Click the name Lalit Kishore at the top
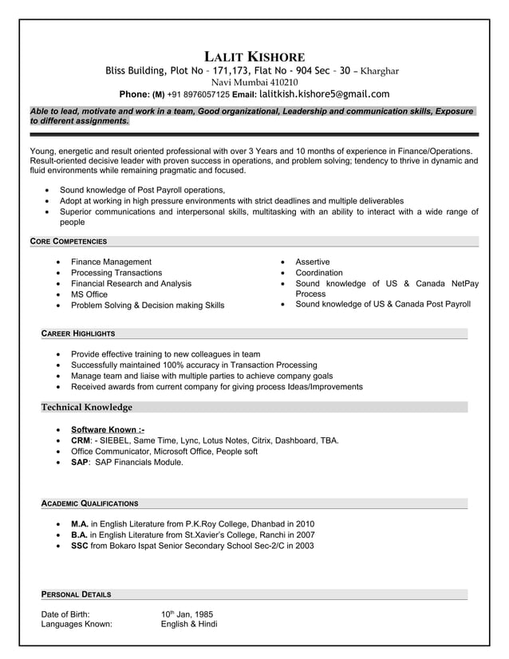(x=254, y=57)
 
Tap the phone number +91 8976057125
(x=199, y=95)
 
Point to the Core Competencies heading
(x=68, y=241)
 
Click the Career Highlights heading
(x=78, y=333)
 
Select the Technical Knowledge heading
(x=87, y=407)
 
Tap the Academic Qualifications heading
(x=89, y=503)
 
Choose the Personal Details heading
(x=76, y=594)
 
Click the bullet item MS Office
(x=89, y=294)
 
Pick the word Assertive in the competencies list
(x=312, y=262)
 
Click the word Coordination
(x=319, y=273)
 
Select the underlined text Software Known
(x=108, y=429)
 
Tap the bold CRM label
(x=81, y=440)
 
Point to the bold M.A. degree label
(x=79, y=524)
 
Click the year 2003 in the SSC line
(x=303, y=546)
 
